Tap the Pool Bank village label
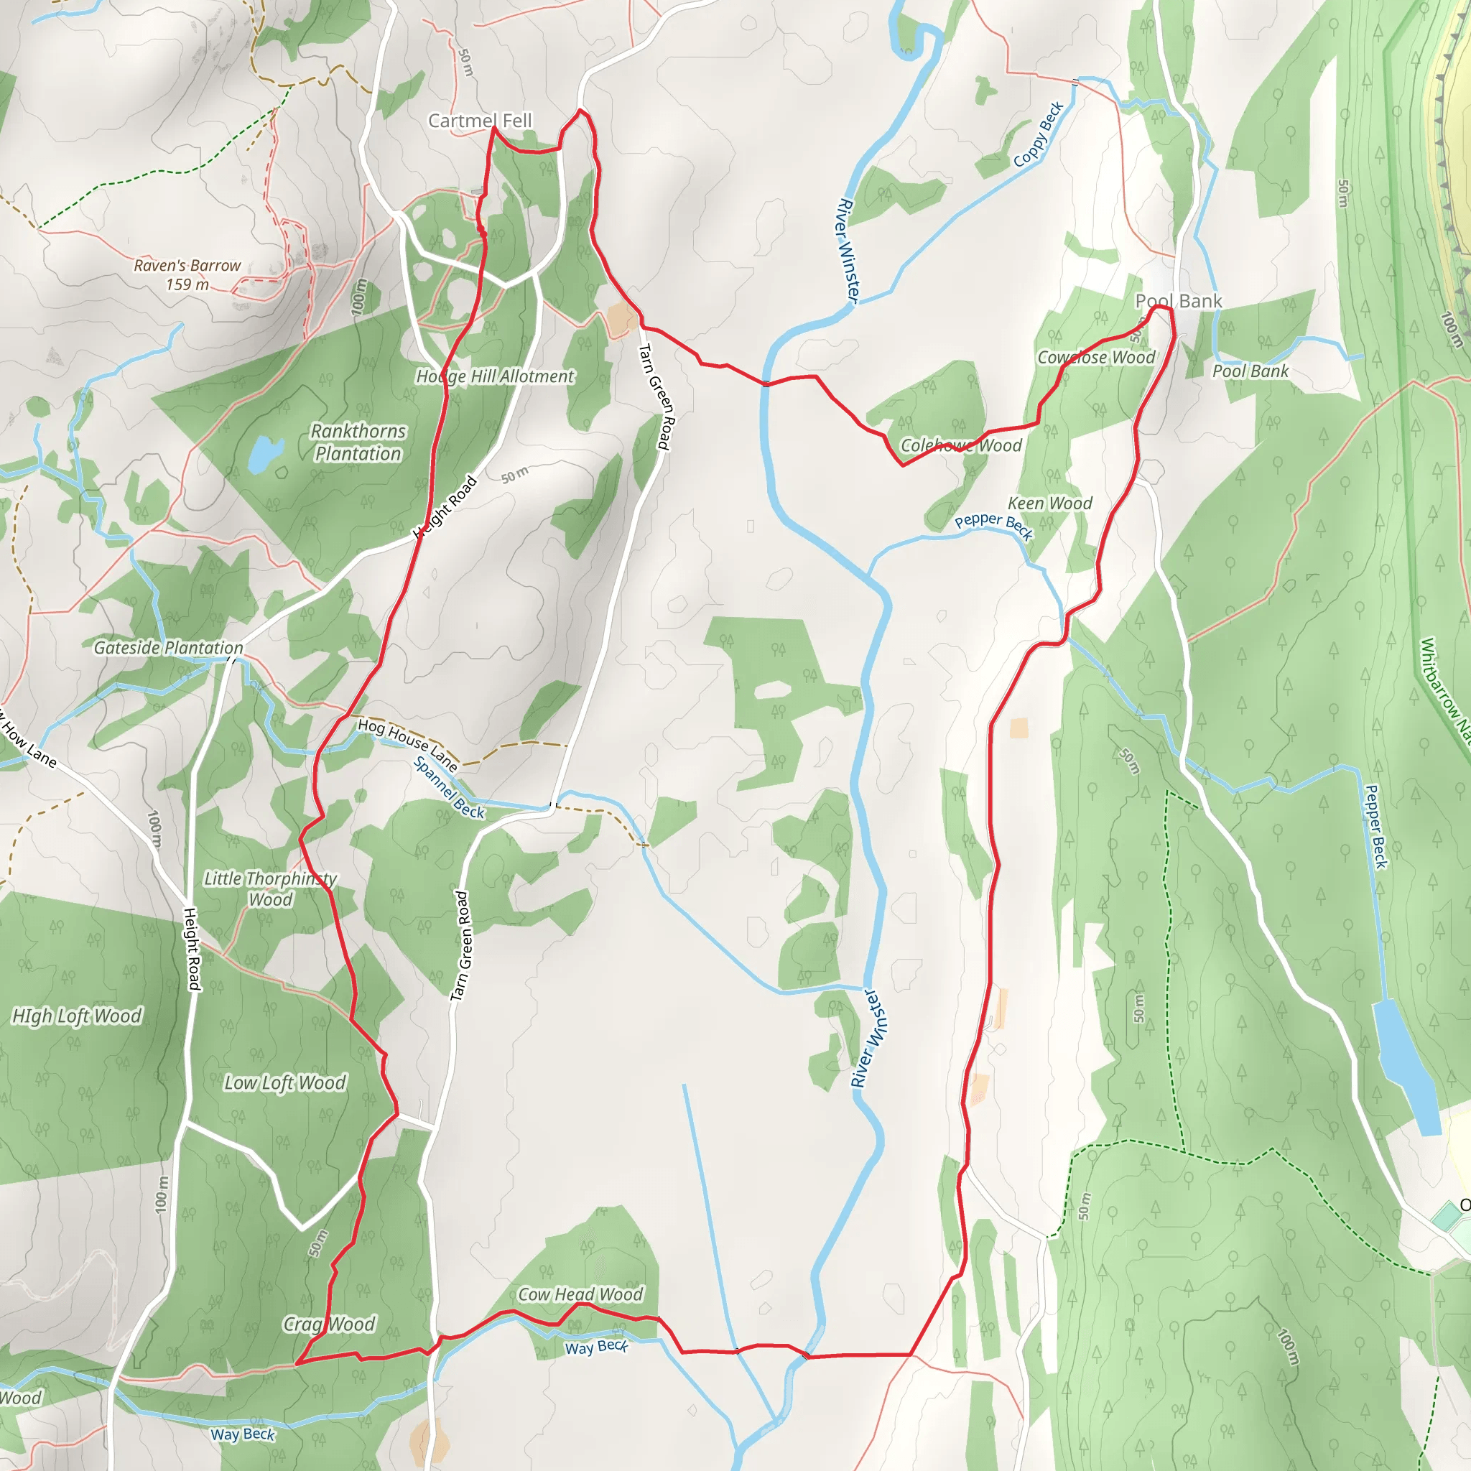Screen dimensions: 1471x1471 [x=1178, y=301]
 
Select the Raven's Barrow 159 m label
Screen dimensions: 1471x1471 [x=187, y=275]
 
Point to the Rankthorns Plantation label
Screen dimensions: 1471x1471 [x=358, y=442]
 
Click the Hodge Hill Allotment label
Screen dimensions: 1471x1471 [x=495, y=376]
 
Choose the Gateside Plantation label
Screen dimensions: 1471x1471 [x=168, y=647]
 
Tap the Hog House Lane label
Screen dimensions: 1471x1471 [x=407, y=745]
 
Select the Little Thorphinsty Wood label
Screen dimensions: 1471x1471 [x=270, y=888]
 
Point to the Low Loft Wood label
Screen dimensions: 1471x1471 [x=284, y=1082]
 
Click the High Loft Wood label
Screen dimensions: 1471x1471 [x=77, y=1016]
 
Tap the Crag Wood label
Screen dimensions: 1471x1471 [x=329, y=1324]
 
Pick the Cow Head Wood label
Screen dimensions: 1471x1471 [x=580, y=1294]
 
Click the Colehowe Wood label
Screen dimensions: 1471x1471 [x=961, y=445]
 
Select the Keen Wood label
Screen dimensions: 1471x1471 [x=1050, y=504]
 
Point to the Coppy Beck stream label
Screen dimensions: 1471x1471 [x=1038, y=135]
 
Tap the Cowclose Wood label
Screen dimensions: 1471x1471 [x=1096, y=357]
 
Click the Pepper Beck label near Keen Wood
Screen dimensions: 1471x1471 [x=993, y=525]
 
